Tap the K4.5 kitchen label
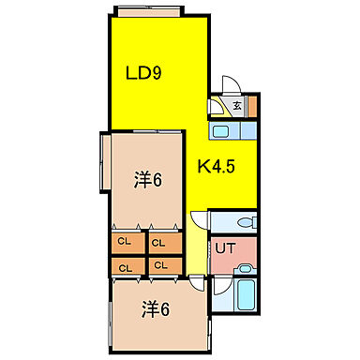(217, 168)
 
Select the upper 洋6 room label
(147, 179)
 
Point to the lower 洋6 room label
(156, 307)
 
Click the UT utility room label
(225, 248)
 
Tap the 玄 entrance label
(237, 106)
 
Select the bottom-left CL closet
(124, 265)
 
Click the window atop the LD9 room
(155, 10)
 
